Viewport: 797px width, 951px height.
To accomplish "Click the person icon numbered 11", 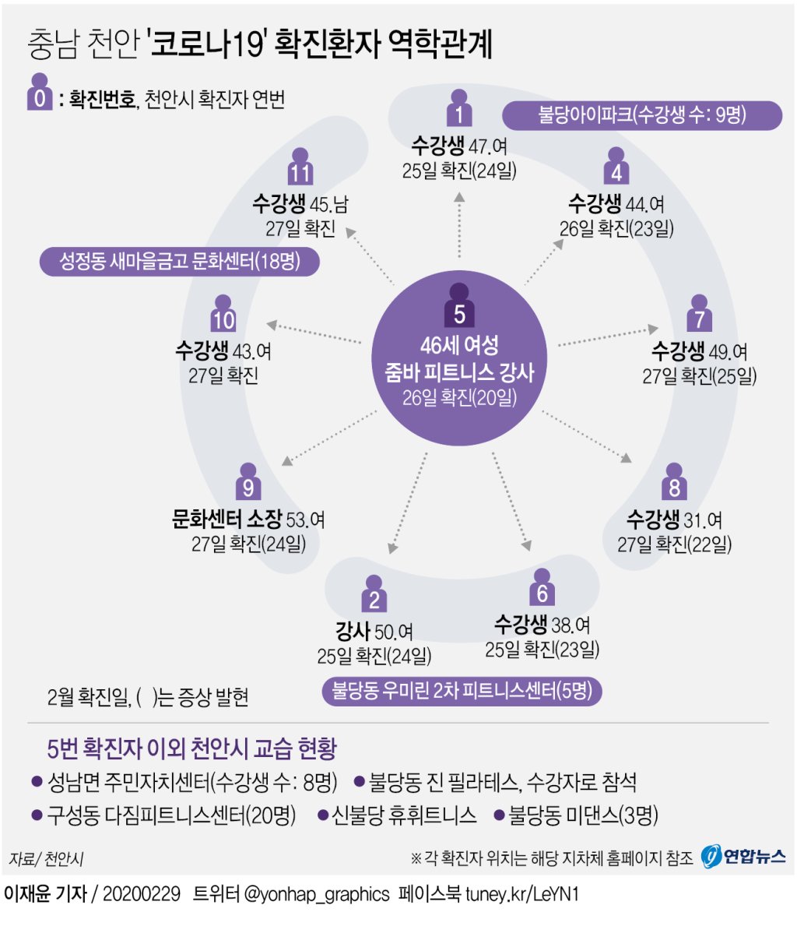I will [300, 167].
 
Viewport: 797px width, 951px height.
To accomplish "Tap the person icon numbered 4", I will [616, 167].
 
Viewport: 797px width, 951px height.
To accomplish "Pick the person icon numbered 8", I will [674, 482].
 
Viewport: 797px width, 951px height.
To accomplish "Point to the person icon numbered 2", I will [374, 594].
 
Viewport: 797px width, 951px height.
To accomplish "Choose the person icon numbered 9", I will [248, 482].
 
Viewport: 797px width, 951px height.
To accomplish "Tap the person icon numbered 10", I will [223, 314].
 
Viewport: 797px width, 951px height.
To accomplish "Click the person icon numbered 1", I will [459, 109].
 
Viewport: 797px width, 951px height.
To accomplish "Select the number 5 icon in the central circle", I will [459, 307].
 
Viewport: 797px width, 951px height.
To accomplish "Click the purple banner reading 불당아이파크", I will [641, 115].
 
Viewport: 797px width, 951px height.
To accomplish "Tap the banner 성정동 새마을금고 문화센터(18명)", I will [180, 261].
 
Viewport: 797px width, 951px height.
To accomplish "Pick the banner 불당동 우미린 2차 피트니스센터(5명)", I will [462, 691].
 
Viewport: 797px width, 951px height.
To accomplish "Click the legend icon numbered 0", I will [39, 93].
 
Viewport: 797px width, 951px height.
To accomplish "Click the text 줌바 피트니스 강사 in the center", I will [459, 372].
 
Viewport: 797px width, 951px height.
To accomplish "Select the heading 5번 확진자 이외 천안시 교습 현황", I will [191, 748].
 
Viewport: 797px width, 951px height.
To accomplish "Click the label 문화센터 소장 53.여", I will [248, 519].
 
